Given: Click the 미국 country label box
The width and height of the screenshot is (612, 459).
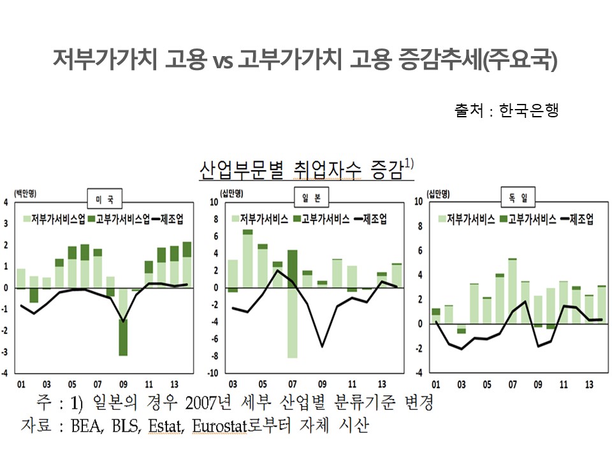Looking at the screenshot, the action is [105, 199].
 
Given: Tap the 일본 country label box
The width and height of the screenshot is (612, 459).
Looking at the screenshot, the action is [311, 198].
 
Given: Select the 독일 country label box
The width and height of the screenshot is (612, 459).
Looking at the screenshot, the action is [518, 198].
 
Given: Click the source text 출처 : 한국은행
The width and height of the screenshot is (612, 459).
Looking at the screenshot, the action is [506, 110].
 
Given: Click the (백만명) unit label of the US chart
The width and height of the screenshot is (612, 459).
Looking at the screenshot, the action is [25, 193].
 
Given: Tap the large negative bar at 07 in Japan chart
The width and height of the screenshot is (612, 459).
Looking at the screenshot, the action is [293, 323].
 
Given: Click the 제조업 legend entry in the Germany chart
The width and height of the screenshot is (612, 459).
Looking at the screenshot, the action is [577, 219].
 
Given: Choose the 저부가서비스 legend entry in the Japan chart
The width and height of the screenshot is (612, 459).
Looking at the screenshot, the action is [260, 219].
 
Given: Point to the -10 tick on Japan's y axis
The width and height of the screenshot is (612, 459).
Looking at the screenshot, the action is [213, 373].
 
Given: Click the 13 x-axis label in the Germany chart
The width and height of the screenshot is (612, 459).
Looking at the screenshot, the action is [589, 384].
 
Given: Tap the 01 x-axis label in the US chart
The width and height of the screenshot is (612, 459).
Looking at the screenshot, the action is [21, 384].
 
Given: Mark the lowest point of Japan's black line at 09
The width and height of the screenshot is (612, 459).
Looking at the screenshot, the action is [322, 347].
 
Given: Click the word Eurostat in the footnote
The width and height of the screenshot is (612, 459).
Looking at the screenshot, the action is [220, 426].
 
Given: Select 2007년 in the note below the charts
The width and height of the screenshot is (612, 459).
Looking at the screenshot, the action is [208, 402].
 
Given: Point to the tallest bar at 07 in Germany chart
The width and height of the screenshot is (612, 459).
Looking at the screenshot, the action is [513, 291].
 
